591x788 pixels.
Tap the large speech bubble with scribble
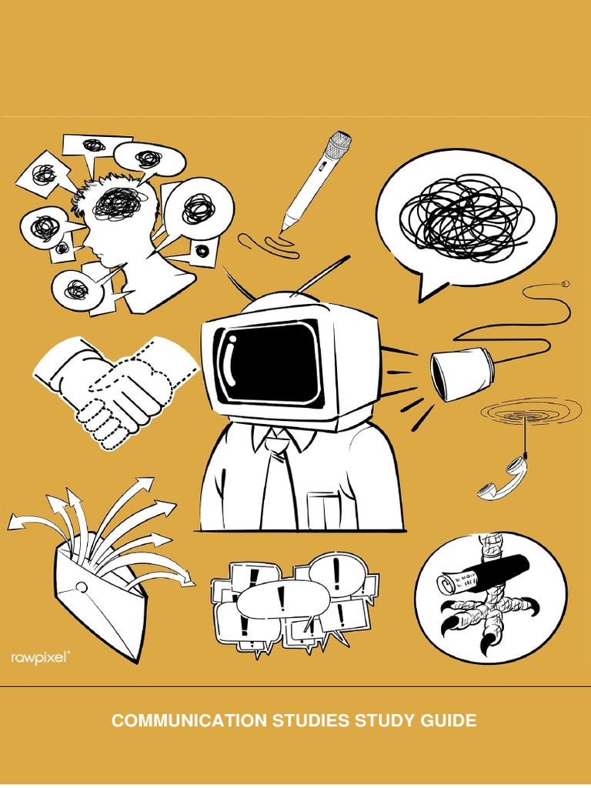click(465, 216)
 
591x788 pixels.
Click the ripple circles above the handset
click(530, 412)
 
